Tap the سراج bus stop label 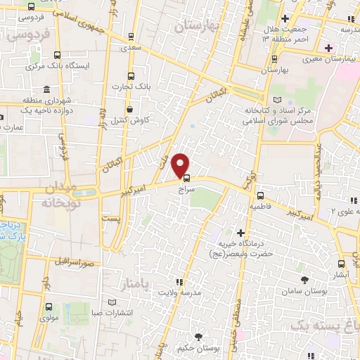click(186, 190)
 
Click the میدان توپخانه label click(57, 195)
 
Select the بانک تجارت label click(129, 87)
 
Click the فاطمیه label click(260, 208)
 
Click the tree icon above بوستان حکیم click(199, 337)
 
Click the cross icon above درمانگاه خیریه click(241, 232)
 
